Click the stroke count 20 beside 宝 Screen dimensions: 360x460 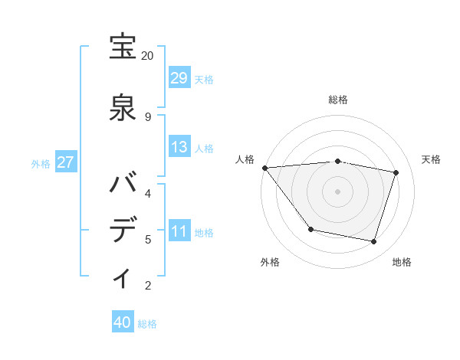[147, 56]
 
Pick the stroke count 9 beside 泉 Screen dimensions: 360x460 [147, 116]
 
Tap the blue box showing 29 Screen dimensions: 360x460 [179, 78]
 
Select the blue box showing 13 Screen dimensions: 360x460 [179, 147]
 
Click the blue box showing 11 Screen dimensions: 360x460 [179, 231]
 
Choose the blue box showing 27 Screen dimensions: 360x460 [66, 162]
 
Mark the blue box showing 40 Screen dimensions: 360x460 [123, 322]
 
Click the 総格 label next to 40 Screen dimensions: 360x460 [147, 324]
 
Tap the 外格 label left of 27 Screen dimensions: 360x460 [41, 163]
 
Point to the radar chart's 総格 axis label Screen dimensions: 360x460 [337, 100]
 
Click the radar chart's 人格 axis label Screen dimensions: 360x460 [245, 159]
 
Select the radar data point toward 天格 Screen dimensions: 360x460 [396, 172]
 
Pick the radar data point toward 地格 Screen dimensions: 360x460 [373, 241]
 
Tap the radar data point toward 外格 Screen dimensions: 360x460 [310, 229]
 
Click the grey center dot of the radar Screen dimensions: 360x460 [337, 191]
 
